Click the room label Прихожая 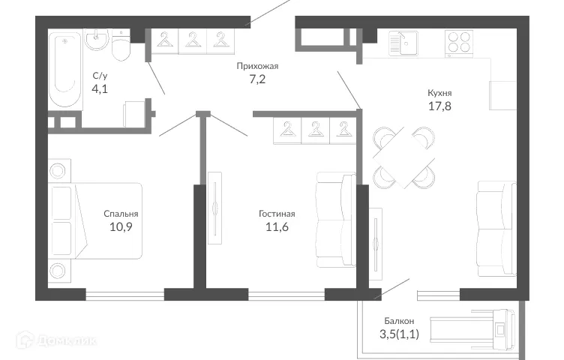252,66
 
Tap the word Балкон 397,320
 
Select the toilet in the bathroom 121,47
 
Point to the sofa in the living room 334,220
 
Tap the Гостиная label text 277,213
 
